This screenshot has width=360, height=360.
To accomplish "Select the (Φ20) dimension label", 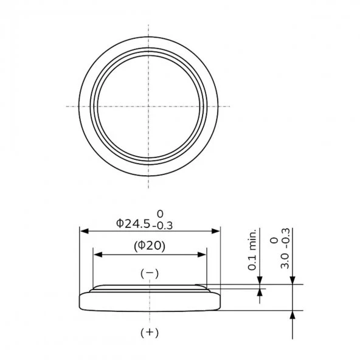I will click(150, 246).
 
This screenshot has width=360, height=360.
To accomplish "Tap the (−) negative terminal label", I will click(150, 273).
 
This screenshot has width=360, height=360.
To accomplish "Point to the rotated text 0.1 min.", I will click(252, 251).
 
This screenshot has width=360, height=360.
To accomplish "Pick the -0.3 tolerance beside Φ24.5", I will click(162, 226).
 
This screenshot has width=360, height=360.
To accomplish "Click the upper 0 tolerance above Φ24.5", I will click(161, 213).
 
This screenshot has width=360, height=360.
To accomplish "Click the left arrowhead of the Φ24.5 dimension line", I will click(84, 231).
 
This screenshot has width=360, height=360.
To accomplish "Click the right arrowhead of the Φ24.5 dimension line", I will click(215, 231).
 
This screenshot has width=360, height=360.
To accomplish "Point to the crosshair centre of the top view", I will click(148, 106).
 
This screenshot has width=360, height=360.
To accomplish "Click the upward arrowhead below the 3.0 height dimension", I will click(294, 314).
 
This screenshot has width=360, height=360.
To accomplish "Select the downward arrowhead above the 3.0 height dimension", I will click(294, 280).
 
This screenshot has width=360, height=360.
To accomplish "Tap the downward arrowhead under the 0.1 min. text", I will click(260, 280).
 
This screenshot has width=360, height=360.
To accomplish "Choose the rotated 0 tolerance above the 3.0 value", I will click(274, 241).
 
